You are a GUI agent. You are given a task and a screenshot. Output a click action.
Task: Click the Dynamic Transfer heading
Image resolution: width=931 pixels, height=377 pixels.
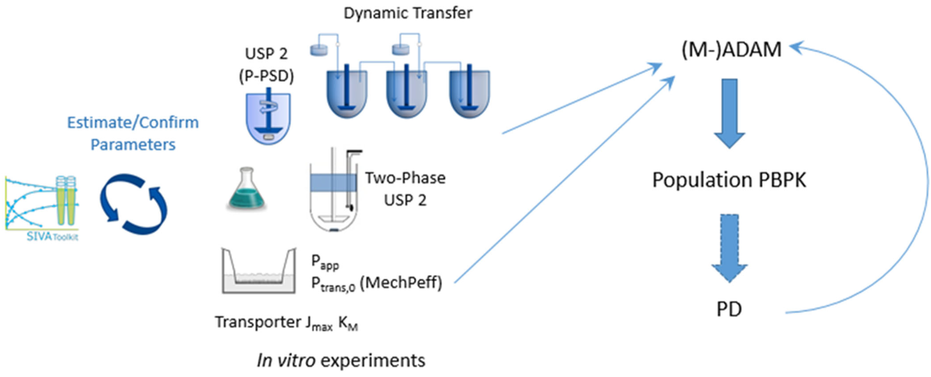tap(408, 13)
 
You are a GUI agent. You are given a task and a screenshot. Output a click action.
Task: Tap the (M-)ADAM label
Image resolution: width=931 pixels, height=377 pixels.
tap(731, 49)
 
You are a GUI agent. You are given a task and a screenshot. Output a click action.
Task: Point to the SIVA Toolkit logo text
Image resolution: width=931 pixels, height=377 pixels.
tap(52, 237)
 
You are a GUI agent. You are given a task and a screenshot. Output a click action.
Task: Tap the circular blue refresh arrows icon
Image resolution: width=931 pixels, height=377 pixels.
tap(134, 204)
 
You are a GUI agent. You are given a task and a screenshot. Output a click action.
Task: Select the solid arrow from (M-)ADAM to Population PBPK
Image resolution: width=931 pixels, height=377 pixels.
tap(729, 113)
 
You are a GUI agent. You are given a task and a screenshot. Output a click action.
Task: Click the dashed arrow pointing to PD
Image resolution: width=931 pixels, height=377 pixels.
tap(729, 248)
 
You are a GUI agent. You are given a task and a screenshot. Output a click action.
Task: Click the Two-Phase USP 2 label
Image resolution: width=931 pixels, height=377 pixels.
tap(405, 189)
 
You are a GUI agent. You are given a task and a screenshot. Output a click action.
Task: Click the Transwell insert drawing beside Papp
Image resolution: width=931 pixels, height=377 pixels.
tap(259, 271)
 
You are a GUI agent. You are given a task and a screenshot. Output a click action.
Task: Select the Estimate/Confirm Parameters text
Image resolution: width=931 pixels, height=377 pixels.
tap(133, 133)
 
